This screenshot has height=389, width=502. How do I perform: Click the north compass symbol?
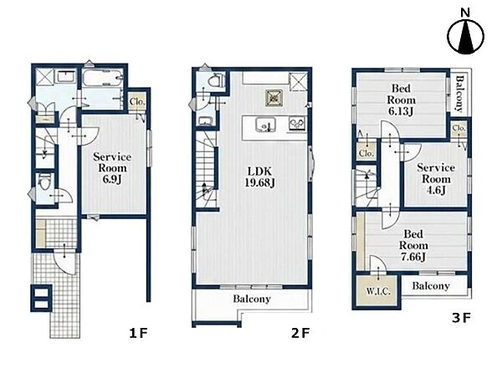[465, 36]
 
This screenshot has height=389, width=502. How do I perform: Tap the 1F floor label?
[138, 334]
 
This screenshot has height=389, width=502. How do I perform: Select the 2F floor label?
[300, 334]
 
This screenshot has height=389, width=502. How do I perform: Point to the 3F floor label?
[461, 318]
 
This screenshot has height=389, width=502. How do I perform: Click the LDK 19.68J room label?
[259, 177]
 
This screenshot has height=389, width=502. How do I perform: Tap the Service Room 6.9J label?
[112, 168]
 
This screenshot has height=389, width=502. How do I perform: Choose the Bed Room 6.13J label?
[401, 100]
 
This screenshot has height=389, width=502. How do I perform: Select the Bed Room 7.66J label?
[413, 246]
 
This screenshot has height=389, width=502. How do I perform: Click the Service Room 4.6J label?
[436, 179]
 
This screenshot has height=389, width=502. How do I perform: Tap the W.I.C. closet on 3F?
[378, 290]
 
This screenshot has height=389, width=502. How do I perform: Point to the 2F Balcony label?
[252, 299]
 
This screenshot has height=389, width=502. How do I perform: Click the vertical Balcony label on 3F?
[459, 94]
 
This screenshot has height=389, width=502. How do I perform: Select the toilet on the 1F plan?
[44, 182]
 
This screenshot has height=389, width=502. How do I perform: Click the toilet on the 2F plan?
[215, 80]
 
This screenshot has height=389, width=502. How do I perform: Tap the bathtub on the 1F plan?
[102, 79]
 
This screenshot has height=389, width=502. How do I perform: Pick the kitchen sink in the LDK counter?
[266, 125]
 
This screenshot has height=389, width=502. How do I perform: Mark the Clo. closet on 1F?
[137, 101]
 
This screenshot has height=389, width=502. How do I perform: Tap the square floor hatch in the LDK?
[274, 98]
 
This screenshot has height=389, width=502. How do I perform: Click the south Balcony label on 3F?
[431, 285]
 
